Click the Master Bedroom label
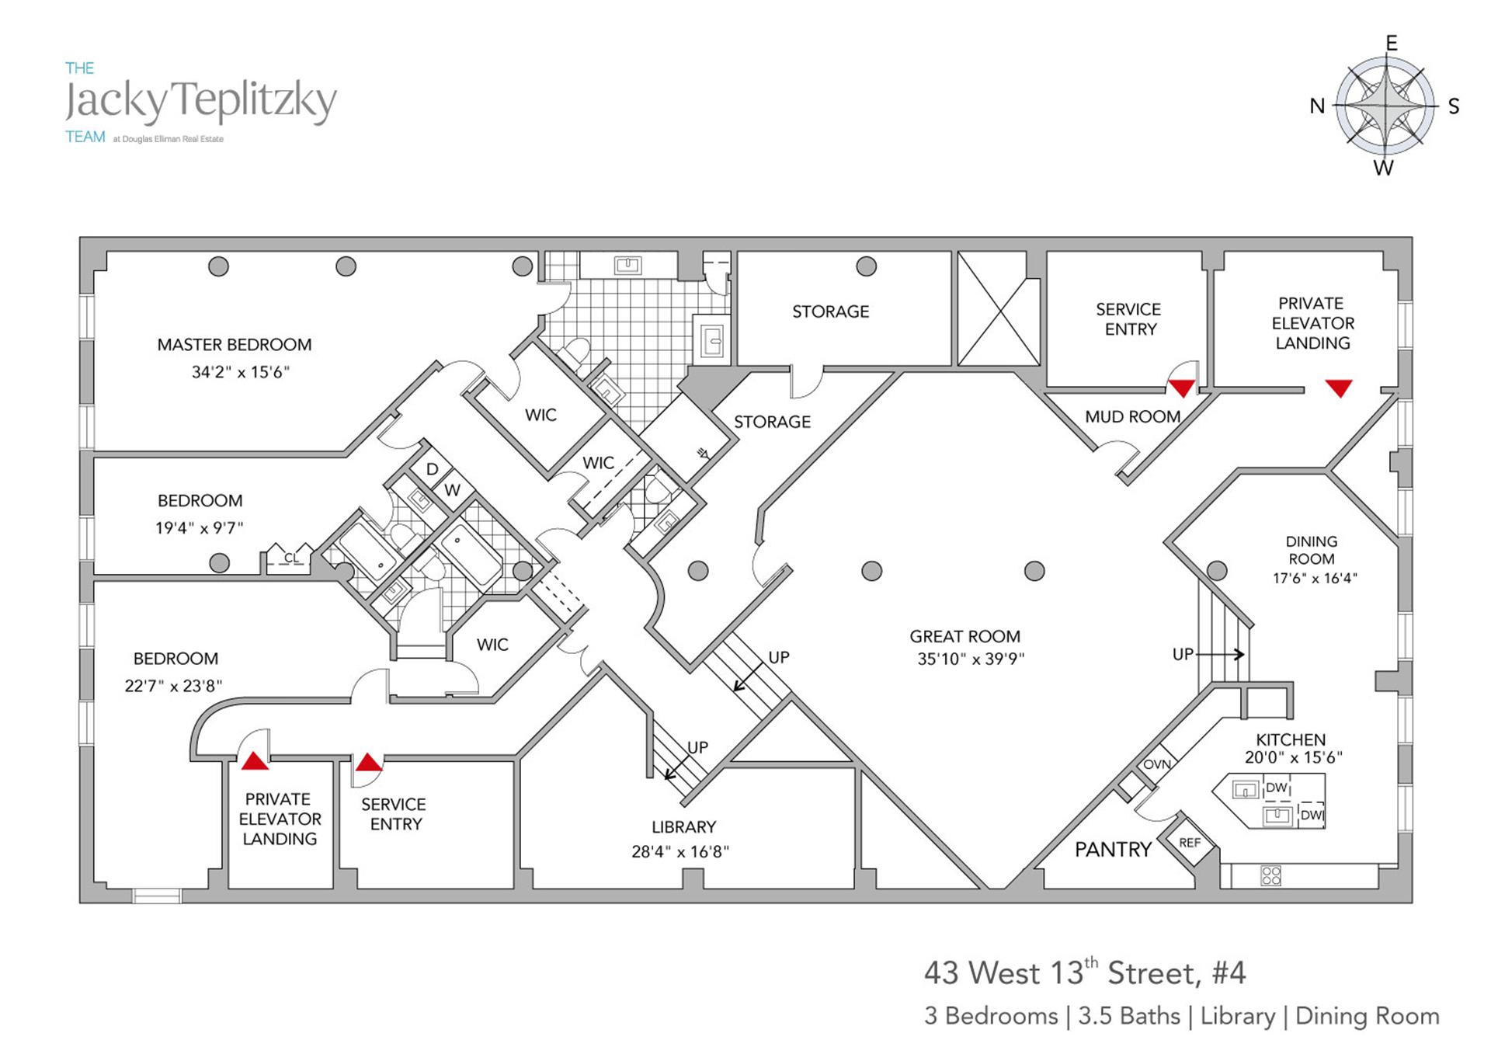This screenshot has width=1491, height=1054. [234, 345]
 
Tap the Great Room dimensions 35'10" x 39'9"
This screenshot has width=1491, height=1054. [971, 659]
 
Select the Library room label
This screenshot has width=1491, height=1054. [683, 827]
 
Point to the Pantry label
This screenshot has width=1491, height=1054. [1112, 850]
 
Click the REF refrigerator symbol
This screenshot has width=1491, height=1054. [1189, 843]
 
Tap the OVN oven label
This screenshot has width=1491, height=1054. [1156, 764]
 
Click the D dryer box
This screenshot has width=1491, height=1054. [433, 469]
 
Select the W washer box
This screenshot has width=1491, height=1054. [452, 490]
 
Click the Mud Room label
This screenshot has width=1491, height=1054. [1132, 417]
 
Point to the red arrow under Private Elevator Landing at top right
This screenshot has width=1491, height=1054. [1339, 388]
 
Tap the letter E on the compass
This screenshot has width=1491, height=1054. [1392, 43]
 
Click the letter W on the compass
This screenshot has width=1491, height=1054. [1383, 169]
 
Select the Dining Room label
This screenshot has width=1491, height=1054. [1311, 550]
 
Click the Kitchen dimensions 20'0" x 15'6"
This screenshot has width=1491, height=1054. [1293, 757]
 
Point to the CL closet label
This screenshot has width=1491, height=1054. [290, 558]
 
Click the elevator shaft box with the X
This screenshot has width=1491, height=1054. [999, 308]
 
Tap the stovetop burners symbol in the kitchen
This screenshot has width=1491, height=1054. [1270, 875]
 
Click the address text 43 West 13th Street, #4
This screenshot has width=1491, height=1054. [1084, 973]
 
